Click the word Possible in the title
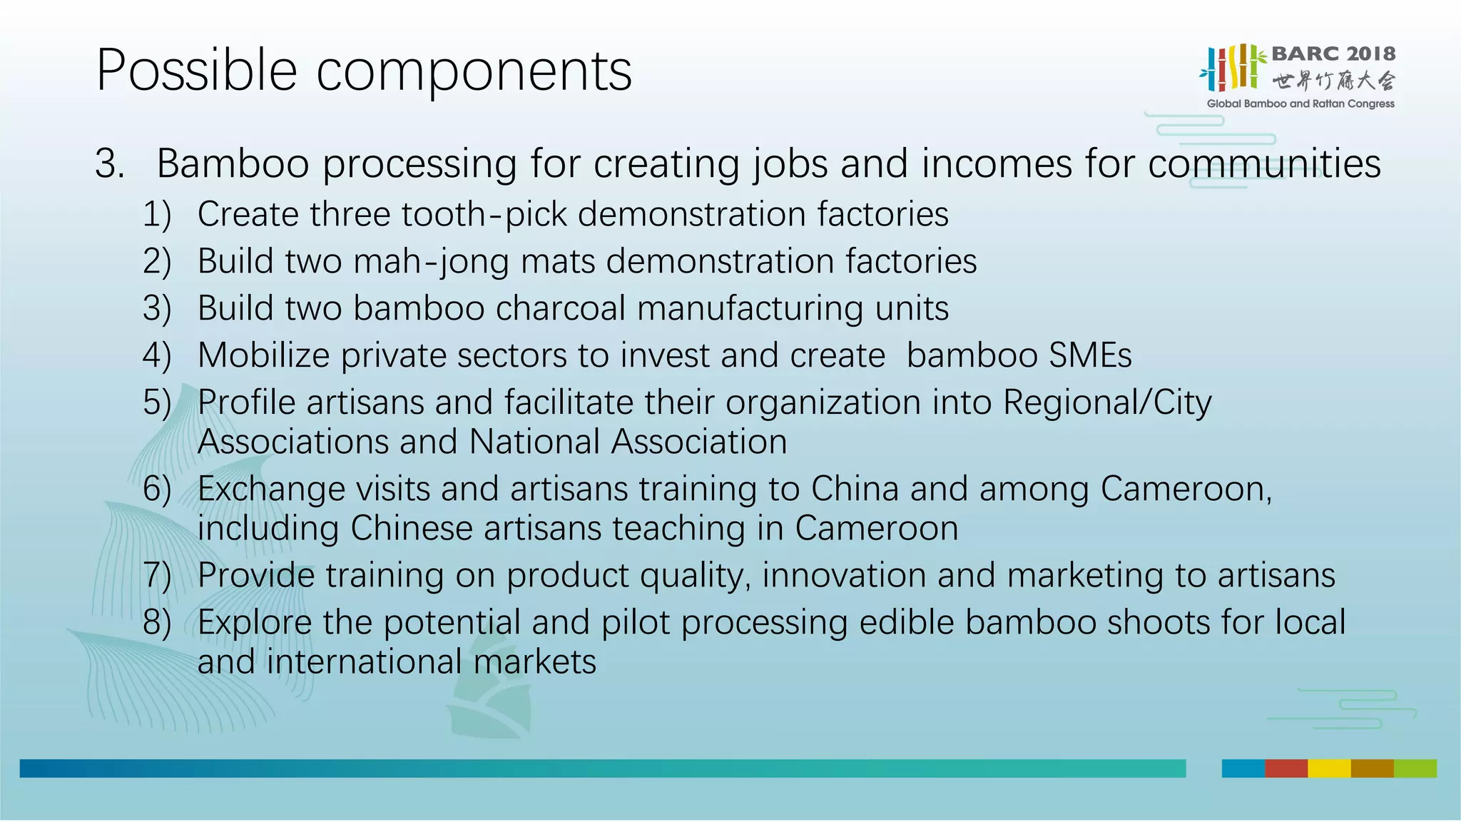tap(196, 71)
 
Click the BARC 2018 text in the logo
tap(1333, 54)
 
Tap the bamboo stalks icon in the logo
tap(1233, 68)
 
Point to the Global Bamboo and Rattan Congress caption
tap(1300, 104)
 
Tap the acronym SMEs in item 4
tap(1090, 356)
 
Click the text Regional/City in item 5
tap(1106, 403)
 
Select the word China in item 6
tap(854, 489)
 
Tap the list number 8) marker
tap(157, 623)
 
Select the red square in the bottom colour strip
tap(1286, 768)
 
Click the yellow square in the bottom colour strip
tap(1328, 768)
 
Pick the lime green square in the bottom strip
tap(1415, 768)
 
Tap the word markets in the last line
tap(534, 662)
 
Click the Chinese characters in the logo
tap(1333, 81)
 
